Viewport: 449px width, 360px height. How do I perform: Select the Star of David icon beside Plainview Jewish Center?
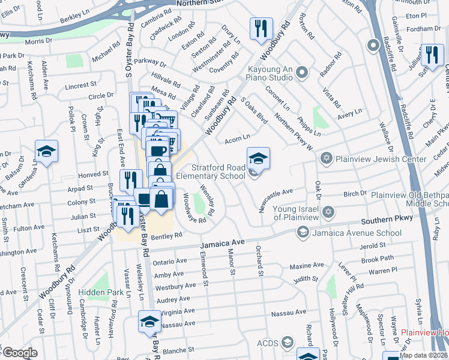(326, 159)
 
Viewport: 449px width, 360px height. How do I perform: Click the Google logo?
(19, 353)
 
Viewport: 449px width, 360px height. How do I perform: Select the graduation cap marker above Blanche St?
(149, 322)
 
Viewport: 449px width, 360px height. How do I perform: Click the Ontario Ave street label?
(170, 262)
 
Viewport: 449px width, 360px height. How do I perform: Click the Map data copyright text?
(424, 355)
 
